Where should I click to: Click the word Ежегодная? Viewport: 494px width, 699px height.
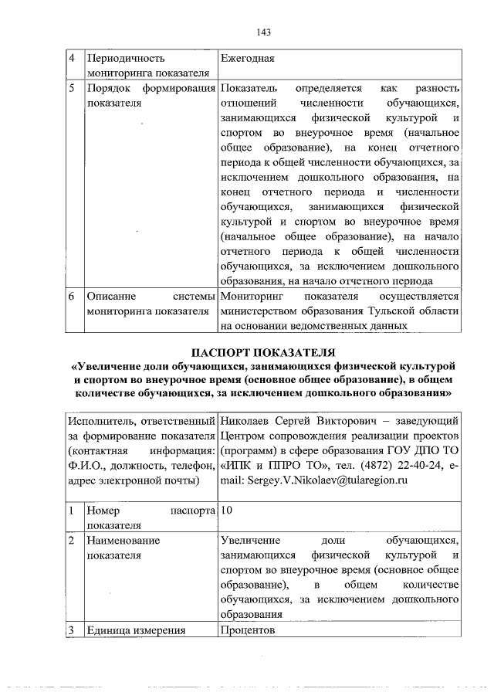click(247, 58)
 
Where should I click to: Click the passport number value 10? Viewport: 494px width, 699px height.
click(226, 511)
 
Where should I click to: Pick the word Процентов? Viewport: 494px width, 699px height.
click(247, 630)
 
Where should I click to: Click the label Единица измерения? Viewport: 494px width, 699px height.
click(137, 630)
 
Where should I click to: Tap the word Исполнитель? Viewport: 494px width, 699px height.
click(101, 421)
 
